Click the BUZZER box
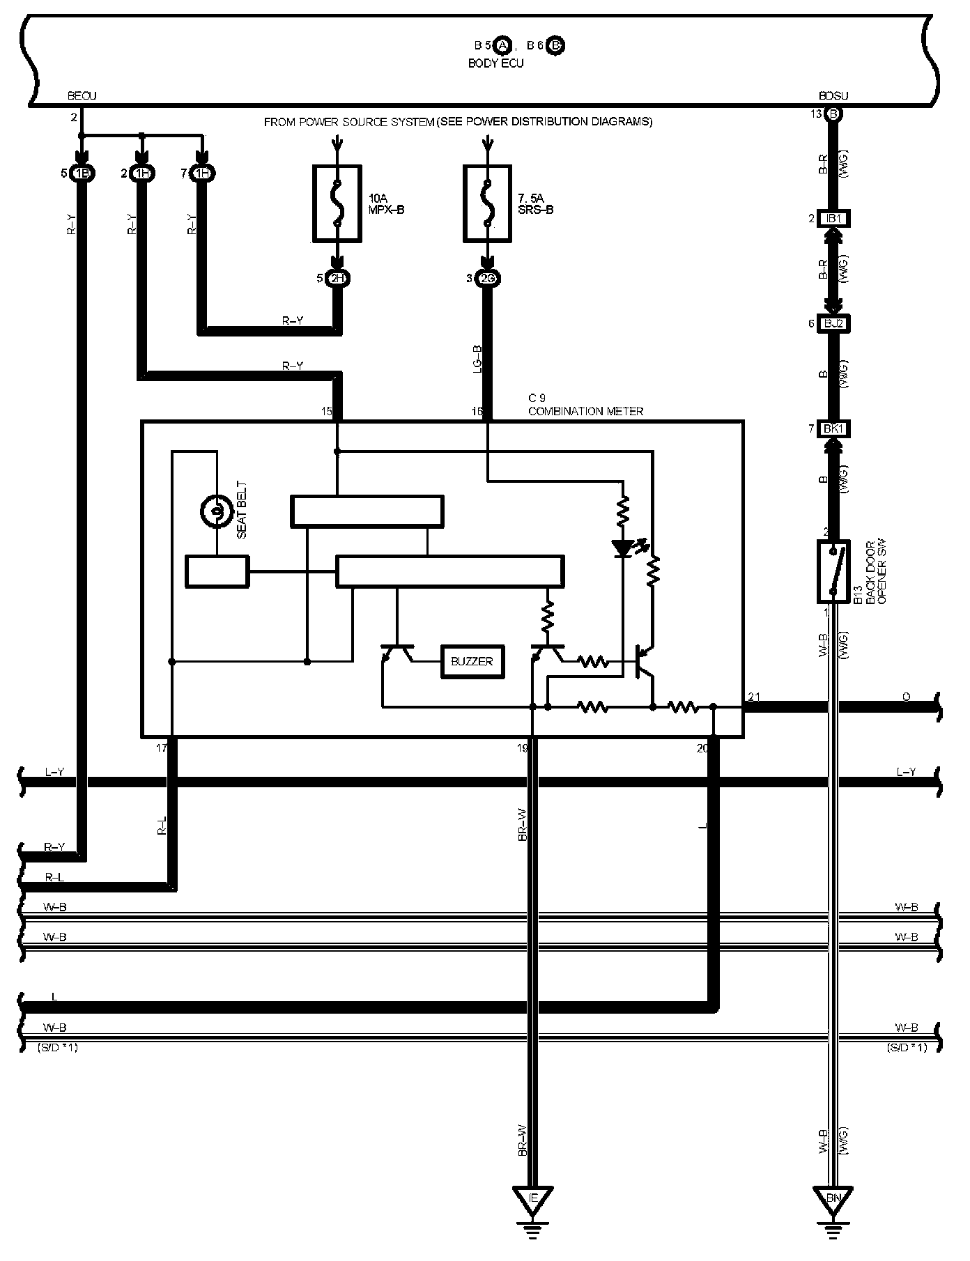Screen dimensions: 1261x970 pyautogui.click(x=472, y=661)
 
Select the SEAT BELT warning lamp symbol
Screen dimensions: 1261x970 pyautogui.click(x=216, y=513)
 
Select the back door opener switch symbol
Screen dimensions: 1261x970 pyautogui.click(x=833, y=571)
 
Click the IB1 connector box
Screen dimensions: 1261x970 pyautogui.click(x=833, y=219)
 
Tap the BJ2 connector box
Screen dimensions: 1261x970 pyautogui.click(x=833, y=323)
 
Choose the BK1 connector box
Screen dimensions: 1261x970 pyautogui.click(x=833, y=428)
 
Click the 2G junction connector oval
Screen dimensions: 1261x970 pyautogui.click(x=487, y=279)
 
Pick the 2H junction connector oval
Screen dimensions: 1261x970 pyautogui.click(x=338, y=279)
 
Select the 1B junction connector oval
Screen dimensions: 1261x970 pyautogui.click(x=82, y=173)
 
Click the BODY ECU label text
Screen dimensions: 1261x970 pyautogui.click(x=495, y=63)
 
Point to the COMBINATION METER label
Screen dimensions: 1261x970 pyautogui.click(x=585, y=411)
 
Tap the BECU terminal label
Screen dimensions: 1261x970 pyautogui.click(x=82, y=96)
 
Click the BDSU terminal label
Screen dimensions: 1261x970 pyautogui.click(x=833, y=96)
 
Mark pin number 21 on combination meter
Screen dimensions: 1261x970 pyautogui.click(x=753, y=697)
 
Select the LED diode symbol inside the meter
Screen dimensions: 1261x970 pyautogui.click(x=622, y=548)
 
